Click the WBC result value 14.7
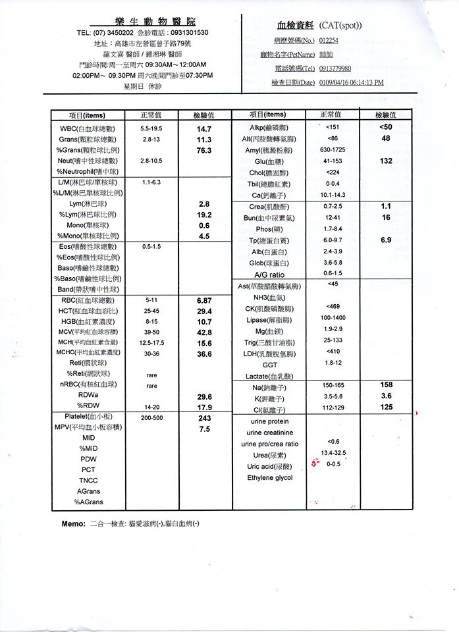click(204, 129)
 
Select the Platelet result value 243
click(204, 418)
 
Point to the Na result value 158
click(387, 384)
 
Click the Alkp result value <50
click(386, 126)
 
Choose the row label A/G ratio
click(269, 275)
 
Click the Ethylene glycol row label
click(269, 477)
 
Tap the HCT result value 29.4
click(204, 311)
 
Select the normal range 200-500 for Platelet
click(152, 418)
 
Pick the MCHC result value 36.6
click(204, 354)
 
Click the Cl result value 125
click(387, 408)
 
